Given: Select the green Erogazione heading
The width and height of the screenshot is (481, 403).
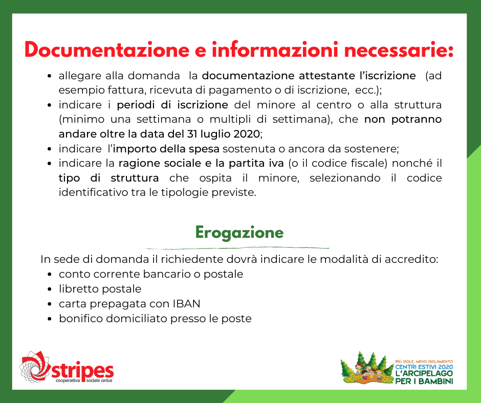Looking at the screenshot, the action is pyautogui.click(x=239, y=233).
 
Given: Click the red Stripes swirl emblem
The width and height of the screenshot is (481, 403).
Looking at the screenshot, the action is pyautogui.click(x=35, y=367).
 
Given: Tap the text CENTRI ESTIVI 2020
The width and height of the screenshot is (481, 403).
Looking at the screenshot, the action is pyautogui.click(x=424, y=367).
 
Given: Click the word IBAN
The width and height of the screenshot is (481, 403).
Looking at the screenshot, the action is pyautogui.click(x=186, y=304).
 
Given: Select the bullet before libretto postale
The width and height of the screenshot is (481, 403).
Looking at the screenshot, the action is pyautogui.click(x=50, y=289).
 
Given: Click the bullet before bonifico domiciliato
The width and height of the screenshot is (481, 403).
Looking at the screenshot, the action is pyautogui.click(x=50, y=319).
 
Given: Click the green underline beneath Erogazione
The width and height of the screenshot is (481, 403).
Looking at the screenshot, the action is pyautogui.click(x=236, y=248).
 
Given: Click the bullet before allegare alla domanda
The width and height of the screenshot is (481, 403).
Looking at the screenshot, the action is pyautogui.click(x=50, y=76).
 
